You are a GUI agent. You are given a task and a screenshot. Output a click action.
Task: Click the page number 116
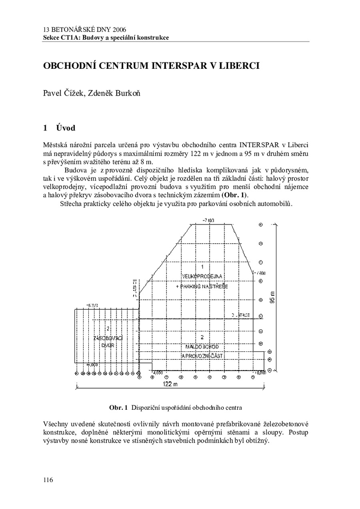tap(48, 480)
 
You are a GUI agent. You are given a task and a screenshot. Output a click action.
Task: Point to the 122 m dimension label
tap(170, 384)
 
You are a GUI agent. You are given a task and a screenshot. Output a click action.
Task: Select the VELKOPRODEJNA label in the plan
tap(202, 276)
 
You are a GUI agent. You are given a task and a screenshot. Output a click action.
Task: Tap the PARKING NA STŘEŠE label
tap(202, 287)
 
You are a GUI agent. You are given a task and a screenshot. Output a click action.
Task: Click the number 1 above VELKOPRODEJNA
tap(202, 267)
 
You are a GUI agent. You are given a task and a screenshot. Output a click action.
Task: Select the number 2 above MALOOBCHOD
tap(202, 337)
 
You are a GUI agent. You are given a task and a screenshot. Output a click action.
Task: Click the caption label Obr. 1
tap(118, 408)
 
